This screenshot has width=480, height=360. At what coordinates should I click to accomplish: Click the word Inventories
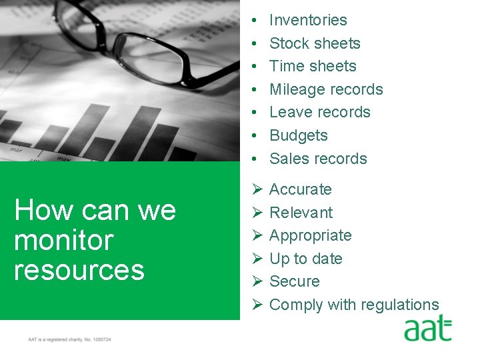(308, 20)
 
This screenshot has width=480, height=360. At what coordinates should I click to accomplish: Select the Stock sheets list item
(315, 43)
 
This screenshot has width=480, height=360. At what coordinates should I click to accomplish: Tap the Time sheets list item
(313, 66)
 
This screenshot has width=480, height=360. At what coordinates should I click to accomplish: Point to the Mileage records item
(326, 89)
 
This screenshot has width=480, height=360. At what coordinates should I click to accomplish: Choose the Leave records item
(319, 112)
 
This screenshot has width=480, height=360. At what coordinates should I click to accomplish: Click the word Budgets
(299, 135)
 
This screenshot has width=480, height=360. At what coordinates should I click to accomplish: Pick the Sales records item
(318, 159)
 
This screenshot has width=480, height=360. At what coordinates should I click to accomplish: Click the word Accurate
(300, 189)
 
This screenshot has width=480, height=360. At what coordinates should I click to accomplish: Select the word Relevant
(301, 213)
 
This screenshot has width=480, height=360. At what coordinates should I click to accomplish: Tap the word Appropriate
(310, 235)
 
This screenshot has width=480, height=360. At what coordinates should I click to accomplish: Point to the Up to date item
(305, 259)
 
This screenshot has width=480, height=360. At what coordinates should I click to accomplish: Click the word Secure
(294, 281)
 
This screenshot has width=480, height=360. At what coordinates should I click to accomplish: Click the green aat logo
(427, 330)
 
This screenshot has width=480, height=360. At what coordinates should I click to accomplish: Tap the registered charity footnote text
(69, 340)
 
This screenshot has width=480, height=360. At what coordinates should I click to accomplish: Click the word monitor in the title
(63, 240)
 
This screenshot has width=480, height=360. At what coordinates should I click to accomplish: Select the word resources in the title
(79, 270)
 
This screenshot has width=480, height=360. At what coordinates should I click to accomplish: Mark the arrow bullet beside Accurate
(256, 189)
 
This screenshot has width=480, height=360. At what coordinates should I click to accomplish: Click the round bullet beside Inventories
(256, 21)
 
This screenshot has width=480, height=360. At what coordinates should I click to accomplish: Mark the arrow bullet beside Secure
(256, 281)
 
